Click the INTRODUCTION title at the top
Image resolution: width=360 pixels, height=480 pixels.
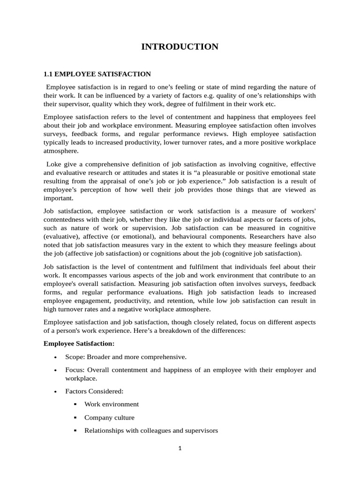pyautogui.click(x=180, y=46)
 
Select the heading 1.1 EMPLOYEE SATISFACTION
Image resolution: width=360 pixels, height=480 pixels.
pyautogui.click(x=97, y=74)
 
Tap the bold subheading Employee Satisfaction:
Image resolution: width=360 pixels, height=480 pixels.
pyautogui.click(x=79, y=343)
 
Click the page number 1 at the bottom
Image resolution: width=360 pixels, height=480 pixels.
pyautogui.click(x=180, y=448)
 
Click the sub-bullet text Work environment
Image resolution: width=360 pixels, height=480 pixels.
pyautogui.click(x=112, y=404)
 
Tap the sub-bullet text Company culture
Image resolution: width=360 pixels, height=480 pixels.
pyautogui.click(x=109, y=417)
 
